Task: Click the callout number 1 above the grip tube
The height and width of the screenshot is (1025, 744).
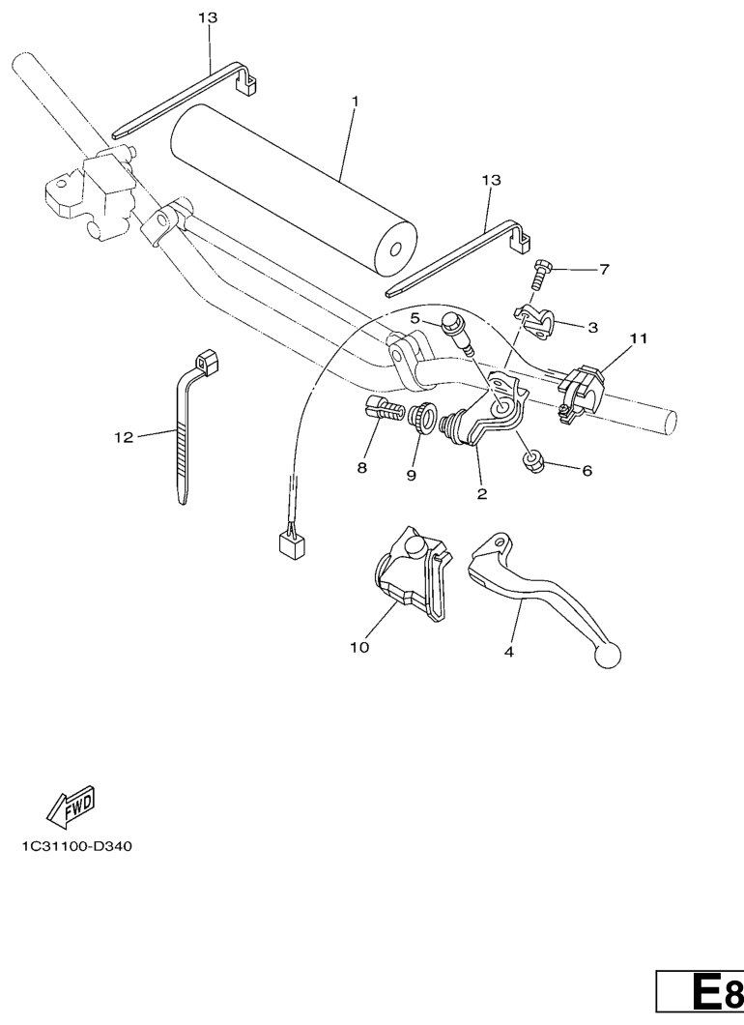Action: click(356, 102)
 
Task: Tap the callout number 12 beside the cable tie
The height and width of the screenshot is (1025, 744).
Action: click(124, 437)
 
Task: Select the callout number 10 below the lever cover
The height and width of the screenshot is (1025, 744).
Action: click(359, 647)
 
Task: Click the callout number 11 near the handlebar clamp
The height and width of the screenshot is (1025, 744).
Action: click(638, 338)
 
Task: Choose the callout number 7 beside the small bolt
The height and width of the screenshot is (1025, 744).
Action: click(604, 269)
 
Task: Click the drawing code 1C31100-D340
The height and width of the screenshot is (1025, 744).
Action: click(77, 846)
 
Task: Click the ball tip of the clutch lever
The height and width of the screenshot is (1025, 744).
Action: click(608, 656)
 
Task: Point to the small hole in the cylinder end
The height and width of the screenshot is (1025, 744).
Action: click(394, 250)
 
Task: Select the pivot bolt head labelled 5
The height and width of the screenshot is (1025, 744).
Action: click(450, 322)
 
